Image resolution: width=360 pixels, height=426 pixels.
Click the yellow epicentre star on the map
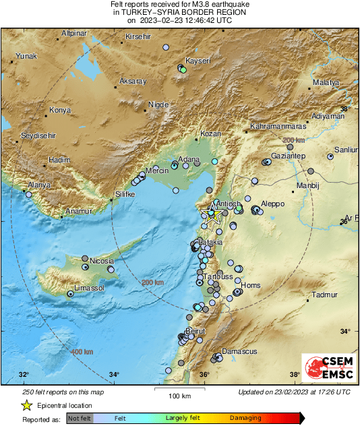[x=212, y=214]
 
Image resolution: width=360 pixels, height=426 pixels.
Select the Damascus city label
[x=239, y=352]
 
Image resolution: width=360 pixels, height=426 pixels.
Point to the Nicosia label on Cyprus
[x=103, y=261]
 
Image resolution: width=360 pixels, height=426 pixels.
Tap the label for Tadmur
[x=324, y=295]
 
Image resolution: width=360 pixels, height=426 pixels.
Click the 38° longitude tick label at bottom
[x=295, y=375]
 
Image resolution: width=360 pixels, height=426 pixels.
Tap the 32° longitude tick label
[x=24, y=375]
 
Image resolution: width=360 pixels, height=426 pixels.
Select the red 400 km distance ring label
[x=82, y=352]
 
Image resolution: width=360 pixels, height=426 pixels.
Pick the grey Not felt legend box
[x=79, y=418]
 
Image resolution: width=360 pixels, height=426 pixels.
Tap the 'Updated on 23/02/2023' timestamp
[x=294, y=392]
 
